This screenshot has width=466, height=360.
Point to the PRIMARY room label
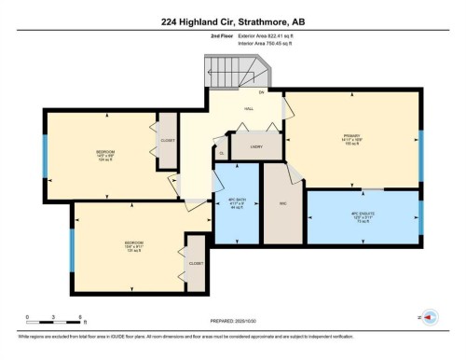351,136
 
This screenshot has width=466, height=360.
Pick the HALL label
249,109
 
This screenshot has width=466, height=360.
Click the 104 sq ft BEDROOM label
105,154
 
